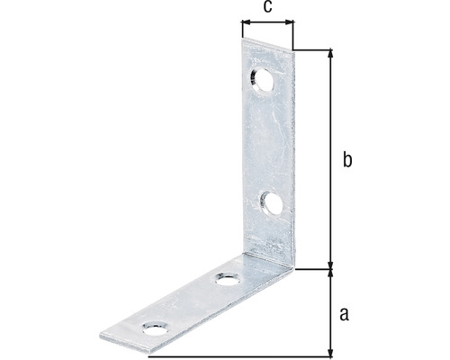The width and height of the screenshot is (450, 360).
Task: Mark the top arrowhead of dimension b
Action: [x=331, y=54]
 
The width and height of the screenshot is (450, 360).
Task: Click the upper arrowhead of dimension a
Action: [x=331, y=271]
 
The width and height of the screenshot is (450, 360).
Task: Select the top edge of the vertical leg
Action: [x=267, y=43]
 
